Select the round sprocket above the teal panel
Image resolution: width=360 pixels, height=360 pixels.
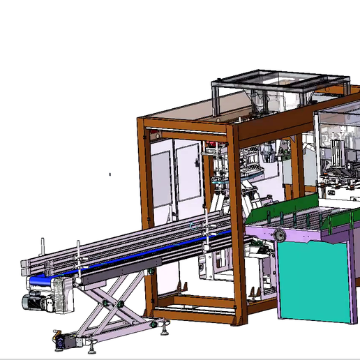pos(280,235)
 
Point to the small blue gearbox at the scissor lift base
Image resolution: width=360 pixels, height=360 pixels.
pos(59,343)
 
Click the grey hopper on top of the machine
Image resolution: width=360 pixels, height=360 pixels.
pos(279,87)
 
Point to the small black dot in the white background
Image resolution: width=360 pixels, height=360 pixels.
pos(110,174)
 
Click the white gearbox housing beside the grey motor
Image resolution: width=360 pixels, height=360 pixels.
pos(62,297)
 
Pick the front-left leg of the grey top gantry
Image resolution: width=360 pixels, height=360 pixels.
pos(216,101)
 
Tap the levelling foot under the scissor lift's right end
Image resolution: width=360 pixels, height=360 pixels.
pos(163,325)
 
